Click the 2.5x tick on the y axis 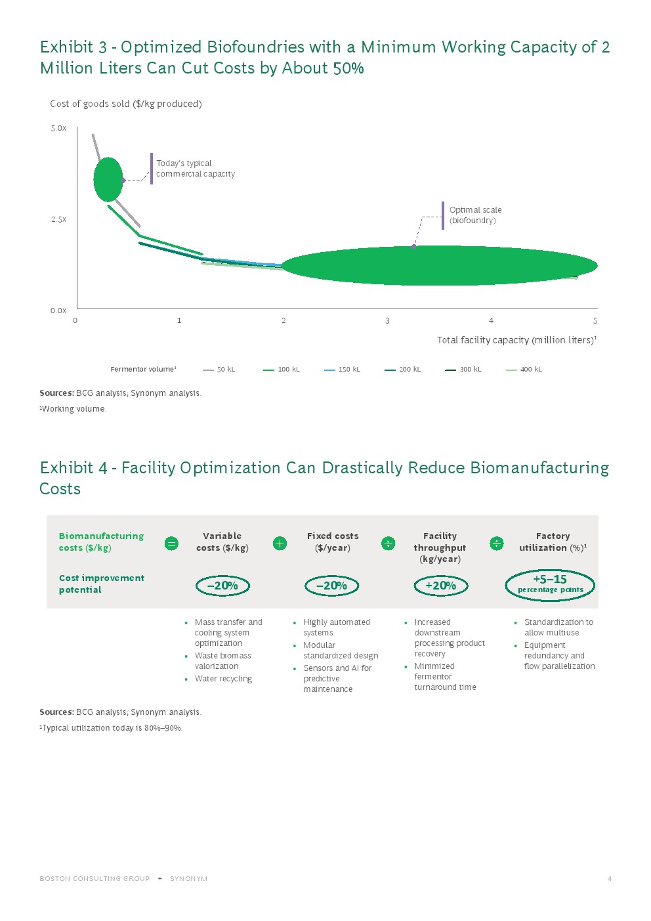[x=58, y=219]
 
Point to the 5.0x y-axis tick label [x=58, y=128]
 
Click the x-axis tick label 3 [x=387, y=321]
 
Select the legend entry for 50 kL [x=219, y=370]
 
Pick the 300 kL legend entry [x=463, y=370]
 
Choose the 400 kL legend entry [x=524, y=370]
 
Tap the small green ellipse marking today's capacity [x=108, y=179]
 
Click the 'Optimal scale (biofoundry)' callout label [x=475, y=215]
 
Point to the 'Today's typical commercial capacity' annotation [x=195, y=169]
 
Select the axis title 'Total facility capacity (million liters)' [x=516, y=340]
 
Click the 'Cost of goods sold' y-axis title [x=125, y=104]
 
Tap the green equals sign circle [x=171, y=544]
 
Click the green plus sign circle [x=280, y=544]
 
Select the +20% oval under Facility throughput [x=440, y=586]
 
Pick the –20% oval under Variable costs [x=222, y=586]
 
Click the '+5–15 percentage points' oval [x=550, y=584]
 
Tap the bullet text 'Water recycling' [x=223, y=679]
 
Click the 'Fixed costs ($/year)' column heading [x=333, y=542]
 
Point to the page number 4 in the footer [x=610, y=878]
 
